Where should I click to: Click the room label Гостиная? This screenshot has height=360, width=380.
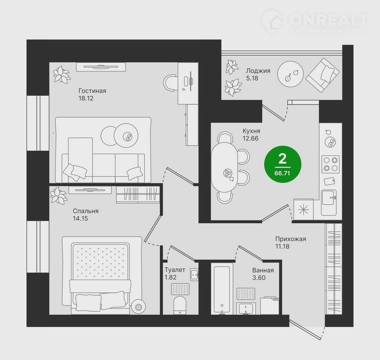tap(92, 91)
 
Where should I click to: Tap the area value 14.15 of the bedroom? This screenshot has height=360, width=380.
tap(80, 218)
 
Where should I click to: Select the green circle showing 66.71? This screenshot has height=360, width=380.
tap(283, 164)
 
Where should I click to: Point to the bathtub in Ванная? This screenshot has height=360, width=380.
tap(222, 289)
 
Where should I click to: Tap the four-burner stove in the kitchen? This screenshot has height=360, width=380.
tap(331, 164)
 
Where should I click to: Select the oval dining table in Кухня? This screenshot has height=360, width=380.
tap(224, 167)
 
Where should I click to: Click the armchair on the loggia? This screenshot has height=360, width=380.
tap(323, 75)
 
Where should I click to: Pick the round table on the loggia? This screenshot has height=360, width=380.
tap(290, 74)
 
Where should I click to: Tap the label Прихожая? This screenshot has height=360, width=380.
tap(291, 239)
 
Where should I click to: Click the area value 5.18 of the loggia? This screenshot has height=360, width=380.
tap(252, 78)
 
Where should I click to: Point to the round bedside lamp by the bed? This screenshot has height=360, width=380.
tap(139, 307)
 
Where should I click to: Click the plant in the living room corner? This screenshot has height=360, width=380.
tap(62, 74)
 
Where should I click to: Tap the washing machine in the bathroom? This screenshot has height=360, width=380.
tap(270, 306)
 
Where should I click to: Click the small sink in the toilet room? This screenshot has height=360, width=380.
tap(194, 275)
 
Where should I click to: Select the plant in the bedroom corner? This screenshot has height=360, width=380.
tap(59, 196)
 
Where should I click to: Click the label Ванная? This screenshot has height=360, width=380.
tap(263, 270)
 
